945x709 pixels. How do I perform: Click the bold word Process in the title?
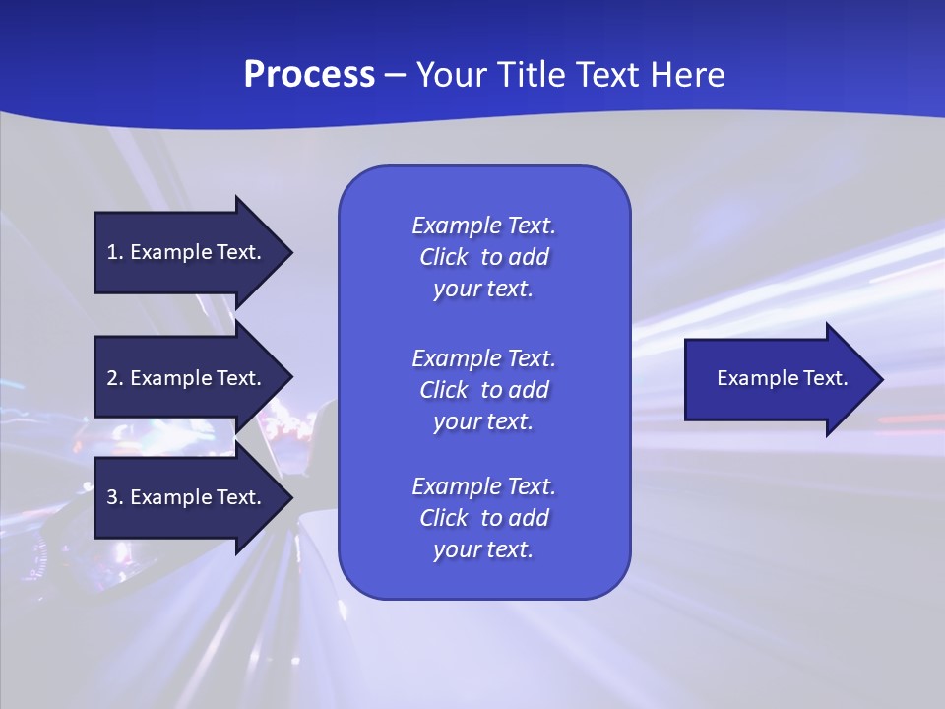309,75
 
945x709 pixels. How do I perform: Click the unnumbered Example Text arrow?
778,378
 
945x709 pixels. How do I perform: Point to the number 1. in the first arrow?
115,252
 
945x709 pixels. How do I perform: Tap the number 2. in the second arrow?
115,378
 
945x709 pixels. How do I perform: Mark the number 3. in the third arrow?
115,497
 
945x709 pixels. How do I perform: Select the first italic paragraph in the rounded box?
483,257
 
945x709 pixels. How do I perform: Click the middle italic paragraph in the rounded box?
483,390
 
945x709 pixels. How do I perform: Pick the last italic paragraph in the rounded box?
483,518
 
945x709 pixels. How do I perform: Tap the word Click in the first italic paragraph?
443,257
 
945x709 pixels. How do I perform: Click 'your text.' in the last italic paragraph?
483,550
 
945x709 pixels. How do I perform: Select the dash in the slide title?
396,75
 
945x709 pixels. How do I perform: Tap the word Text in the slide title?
606,75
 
